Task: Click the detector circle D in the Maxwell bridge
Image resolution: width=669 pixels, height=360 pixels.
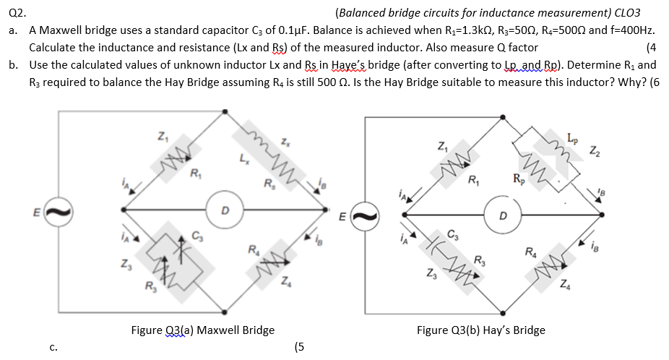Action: coord(225,210)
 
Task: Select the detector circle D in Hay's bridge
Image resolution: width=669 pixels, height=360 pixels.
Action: coord(504,214)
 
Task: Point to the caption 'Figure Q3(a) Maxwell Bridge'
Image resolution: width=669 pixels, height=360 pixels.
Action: coord(202,330)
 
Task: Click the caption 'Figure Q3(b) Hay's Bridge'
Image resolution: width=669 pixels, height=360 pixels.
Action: coord(480,330)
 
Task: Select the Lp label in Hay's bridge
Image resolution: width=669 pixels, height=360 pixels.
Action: coord(572,137)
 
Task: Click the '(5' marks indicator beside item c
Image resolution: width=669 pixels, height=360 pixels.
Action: coord(300,346)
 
